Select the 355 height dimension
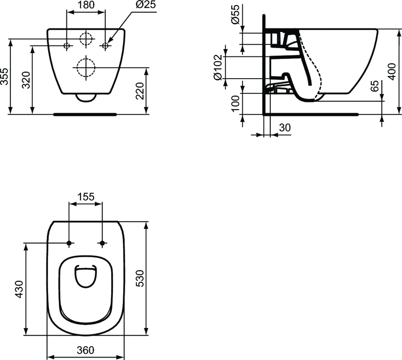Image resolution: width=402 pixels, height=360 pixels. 5,75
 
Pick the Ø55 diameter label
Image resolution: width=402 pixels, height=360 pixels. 234,15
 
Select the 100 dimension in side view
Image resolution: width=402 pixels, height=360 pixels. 236,103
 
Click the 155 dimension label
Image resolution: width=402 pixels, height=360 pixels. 86,197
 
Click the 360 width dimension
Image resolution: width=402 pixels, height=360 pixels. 86,350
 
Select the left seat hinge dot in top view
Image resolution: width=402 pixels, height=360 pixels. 69,243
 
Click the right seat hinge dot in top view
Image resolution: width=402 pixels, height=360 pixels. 102,243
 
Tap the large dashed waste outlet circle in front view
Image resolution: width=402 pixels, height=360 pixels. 86,68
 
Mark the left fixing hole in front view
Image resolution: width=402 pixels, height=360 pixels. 67,46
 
